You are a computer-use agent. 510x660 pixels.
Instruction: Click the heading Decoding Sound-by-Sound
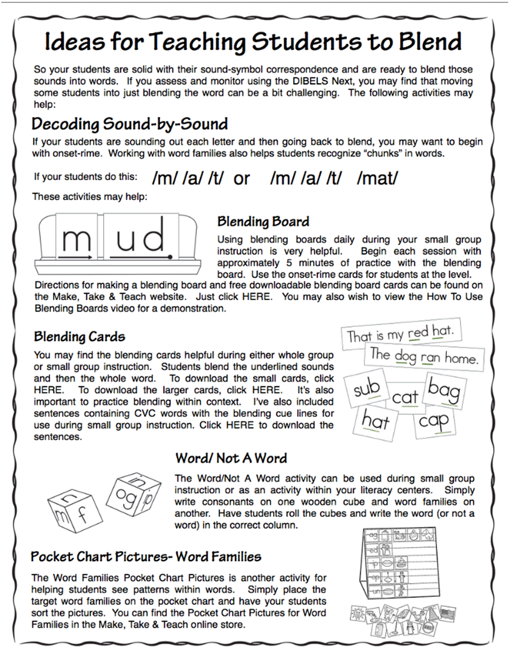pyautogui.click(x=129, y=123)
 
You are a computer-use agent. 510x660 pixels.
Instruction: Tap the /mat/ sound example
pyautogui.click(x=377, y=178)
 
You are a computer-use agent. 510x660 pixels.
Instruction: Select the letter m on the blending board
pyautogui.click(x=76, y=239)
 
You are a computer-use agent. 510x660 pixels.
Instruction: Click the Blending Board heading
pyautogui.click(x=263, y=221)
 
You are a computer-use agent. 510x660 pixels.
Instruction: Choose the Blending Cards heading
pyautogui.click(x=79, y=336)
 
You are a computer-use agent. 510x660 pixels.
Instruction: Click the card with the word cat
pyautogui.click(x=405, y=396)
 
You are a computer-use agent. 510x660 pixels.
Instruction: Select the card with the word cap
pyautogui.click(x=434, y=421)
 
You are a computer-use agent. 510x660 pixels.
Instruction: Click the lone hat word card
pyautogui.click(x=376, y=421)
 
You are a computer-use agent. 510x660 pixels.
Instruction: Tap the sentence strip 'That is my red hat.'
pyautogui.click(x=400, y=334)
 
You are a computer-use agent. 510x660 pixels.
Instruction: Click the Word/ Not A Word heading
pyautogui.click(x=231, y=458)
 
